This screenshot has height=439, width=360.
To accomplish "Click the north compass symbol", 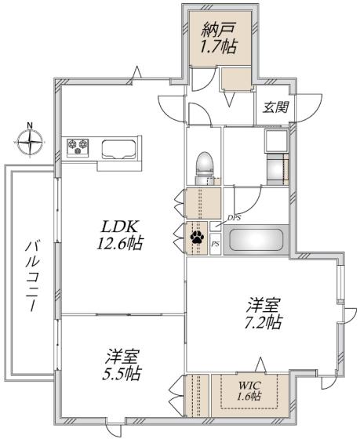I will click(29, 143).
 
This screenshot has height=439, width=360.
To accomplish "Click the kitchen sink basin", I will click(119, 147).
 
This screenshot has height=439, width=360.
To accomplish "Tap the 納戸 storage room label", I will click(219, 31).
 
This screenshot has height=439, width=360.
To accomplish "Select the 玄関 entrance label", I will click(274, 108).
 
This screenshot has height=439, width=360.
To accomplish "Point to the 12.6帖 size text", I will click(120, 244).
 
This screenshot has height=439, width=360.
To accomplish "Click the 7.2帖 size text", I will click(262, 322).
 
